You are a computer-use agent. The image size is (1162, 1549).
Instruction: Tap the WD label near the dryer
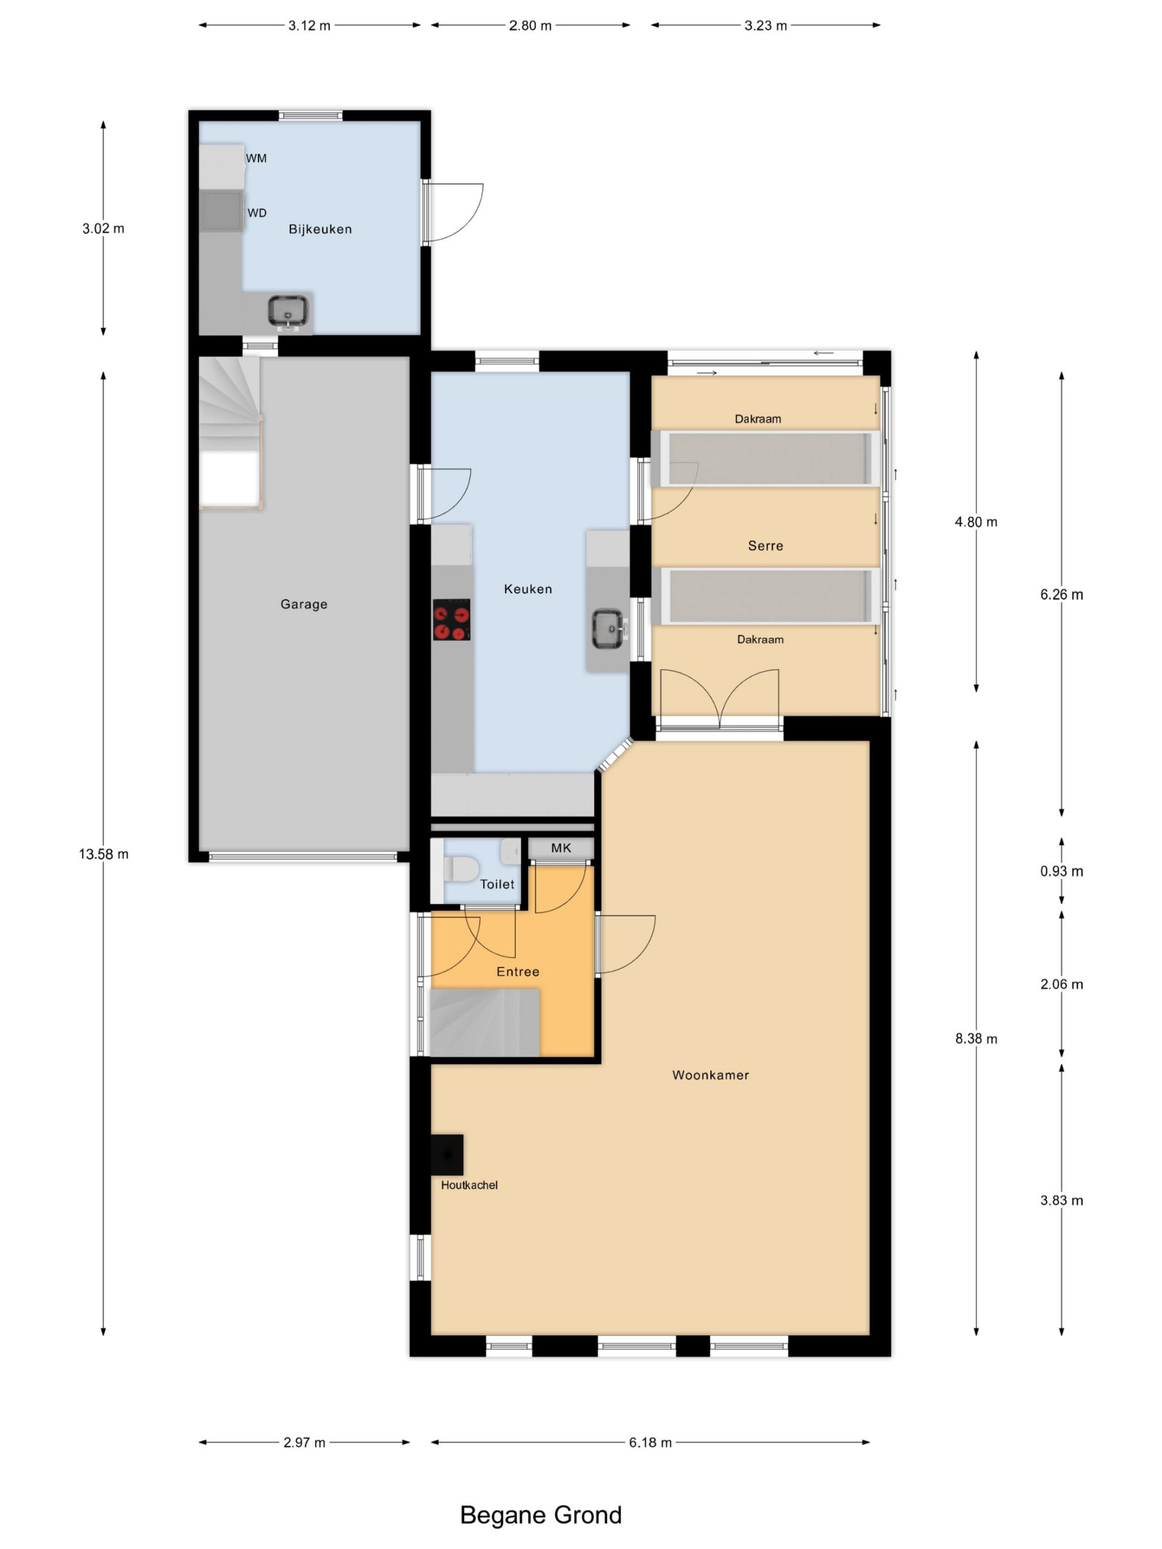tap(257, 213)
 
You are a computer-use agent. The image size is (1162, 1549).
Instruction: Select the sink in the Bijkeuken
tap(288, 312)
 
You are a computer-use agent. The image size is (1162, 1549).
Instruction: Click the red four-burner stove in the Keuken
tap(451, 619)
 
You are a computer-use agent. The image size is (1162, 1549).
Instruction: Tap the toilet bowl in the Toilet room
tap(460, 869)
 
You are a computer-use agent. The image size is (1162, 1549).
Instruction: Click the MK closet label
tap(561, 848)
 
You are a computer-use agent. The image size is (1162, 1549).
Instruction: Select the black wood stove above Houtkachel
tap(447, 1154)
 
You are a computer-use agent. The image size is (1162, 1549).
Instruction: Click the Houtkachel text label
tap(469, 1185)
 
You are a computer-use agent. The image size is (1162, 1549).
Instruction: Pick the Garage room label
tap(304, 604)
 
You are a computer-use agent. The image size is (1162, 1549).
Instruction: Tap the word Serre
tap(766, 546)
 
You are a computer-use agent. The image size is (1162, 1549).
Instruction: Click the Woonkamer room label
tap(711, 1075)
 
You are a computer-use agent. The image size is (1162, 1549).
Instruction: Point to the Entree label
tap(517, 971)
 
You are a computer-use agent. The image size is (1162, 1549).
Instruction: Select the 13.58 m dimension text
tap(103, 854)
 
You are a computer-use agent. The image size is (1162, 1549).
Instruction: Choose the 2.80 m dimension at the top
tap(530, 26)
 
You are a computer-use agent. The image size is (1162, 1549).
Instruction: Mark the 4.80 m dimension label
tap(976, 522)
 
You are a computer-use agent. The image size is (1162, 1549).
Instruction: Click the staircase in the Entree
tap(484, 1022)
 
